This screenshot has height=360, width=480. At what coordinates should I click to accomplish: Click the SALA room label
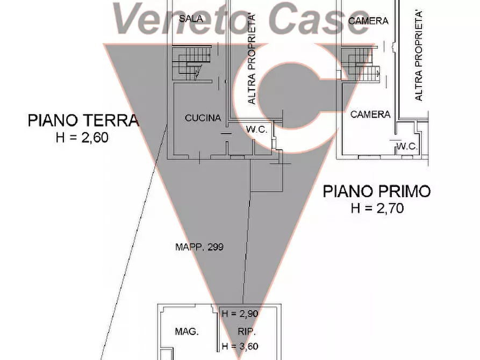(191, 19)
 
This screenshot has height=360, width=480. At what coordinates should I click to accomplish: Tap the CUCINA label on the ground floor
(203, 118)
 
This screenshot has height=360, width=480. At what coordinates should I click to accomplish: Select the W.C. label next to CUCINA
(258, 129)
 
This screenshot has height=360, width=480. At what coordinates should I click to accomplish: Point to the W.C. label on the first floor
(407, 146)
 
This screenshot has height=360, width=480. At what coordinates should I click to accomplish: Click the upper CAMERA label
(368, 21)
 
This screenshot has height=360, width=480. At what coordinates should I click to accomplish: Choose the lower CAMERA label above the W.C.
(370, 114)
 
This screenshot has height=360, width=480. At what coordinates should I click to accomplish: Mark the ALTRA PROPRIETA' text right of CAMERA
(419, 54)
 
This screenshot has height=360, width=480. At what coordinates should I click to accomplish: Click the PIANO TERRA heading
(83, 120)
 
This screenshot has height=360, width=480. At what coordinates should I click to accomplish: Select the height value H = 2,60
(82, 138)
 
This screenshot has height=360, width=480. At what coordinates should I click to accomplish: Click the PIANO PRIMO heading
(377, 191)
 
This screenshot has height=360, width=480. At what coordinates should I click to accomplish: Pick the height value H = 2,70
(377, 208)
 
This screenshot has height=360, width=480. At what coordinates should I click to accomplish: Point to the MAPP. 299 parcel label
(199, 247)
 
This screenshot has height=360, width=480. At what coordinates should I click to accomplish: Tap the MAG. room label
(187, 332)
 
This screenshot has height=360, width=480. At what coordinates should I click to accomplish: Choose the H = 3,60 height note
(240, 347)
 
